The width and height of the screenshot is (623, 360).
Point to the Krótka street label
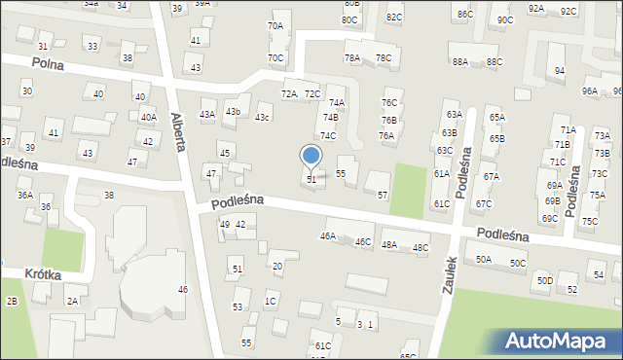[x=45, y=275]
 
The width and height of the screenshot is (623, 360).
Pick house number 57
[x=383, y=195]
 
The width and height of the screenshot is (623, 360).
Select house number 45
[x=225, y=154]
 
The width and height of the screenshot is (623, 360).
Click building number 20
[x=277, y=266]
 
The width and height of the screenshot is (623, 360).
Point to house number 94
[x=560, y=71]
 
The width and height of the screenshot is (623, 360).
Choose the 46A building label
[x=328, y=235]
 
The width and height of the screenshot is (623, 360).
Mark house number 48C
[x=421, y=248]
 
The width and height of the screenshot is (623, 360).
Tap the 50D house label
[x=545, y=280]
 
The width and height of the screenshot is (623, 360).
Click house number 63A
[x=454, y=115]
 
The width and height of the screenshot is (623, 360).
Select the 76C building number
[x=389, y=102]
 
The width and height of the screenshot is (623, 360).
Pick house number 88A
[x=460, y=61]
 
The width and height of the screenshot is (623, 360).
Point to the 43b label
[x=233, y=112]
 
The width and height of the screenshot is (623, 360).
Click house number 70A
[x=275, y=26]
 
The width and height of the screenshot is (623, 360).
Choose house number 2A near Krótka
[x=72, y=301]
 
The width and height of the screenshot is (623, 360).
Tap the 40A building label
[x=148, y=117]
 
